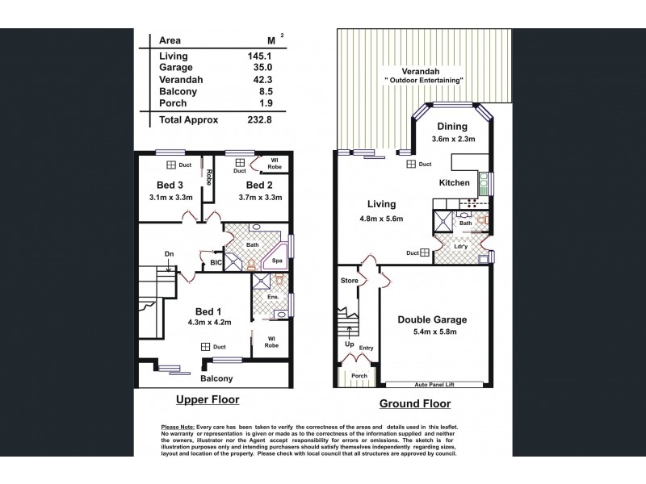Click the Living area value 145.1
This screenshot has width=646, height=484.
coord(264,56)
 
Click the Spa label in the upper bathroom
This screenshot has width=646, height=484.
coord(276,261)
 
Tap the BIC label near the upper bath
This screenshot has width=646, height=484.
coord(215,263)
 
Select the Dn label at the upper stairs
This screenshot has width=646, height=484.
coord(170,254)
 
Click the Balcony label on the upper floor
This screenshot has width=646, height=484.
coord(216,378)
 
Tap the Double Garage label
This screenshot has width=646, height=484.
coord(432,319)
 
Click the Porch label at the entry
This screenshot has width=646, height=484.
coord(360,375)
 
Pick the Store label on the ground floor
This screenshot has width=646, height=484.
coord(349,282)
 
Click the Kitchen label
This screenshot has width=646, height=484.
coord(455,183)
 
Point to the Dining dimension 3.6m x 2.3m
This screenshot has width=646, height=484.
coord(452,140)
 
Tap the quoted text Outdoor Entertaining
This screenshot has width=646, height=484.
coord(424,81)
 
